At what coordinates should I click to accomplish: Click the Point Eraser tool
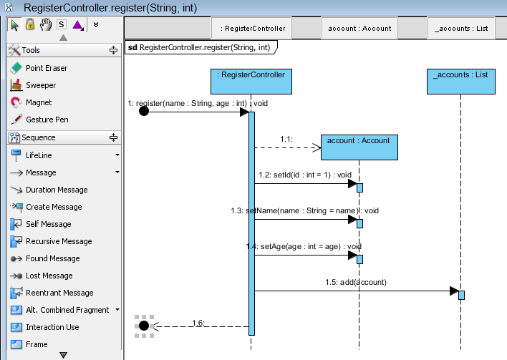(46, 68)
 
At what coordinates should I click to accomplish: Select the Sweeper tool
(40, 85)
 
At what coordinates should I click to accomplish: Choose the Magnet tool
(39, 102)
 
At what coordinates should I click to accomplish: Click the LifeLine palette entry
(39, 155)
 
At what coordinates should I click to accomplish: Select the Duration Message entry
(56, 190)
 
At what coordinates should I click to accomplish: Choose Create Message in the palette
(53, 207)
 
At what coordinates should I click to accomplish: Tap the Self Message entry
(48, 224)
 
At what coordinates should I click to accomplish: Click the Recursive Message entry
(58, 241)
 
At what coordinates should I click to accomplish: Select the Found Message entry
(52, 258)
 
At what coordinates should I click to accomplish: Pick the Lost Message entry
(49, 276)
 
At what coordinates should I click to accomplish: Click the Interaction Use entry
(52, 327)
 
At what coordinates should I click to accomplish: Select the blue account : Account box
(359, 147)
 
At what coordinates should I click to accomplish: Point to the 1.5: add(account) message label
(355, 282)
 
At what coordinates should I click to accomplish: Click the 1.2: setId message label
(305, 175)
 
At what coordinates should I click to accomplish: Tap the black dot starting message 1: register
(144, 112)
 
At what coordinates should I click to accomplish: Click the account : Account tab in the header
(359, 29)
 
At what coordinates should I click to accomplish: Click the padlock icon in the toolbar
(30, 24)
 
